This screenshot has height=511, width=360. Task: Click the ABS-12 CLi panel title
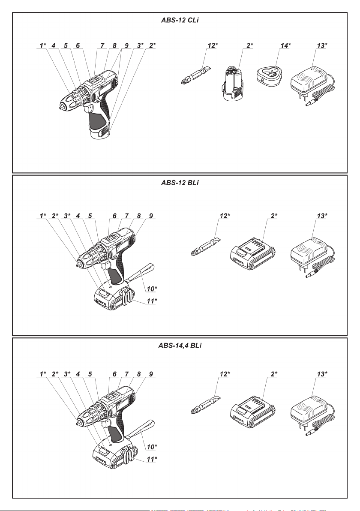tap(180, 20)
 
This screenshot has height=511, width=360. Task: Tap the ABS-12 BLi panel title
tap(180, 183)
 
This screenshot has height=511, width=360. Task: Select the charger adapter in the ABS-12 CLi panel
tap(310, 81)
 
